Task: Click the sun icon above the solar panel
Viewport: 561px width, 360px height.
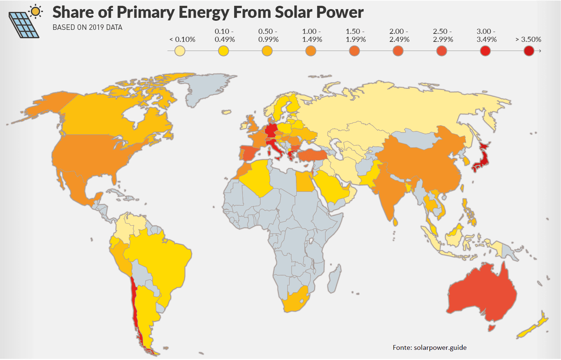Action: tap(35, 12)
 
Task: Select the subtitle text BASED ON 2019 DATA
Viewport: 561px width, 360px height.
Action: tap(87, 27)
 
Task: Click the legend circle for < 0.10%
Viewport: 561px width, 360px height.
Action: tap(180, 51)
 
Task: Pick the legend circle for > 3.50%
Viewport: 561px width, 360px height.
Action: tap(529, 51)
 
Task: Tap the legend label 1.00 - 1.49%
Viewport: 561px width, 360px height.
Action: tap(312, 35)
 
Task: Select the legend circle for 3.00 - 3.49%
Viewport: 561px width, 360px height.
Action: tap(485, 51)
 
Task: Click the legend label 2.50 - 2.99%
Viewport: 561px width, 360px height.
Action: tap(443, 35)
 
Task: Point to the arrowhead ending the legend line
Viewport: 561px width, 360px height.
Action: tap(540, 51)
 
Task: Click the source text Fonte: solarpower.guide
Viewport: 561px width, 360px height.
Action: tap(430, 347)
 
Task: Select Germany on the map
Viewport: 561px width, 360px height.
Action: tap(271, 130)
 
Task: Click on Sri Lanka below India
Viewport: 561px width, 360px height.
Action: tap(396, 221)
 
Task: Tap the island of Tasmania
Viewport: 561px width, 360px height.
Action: tap(491, 328)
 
